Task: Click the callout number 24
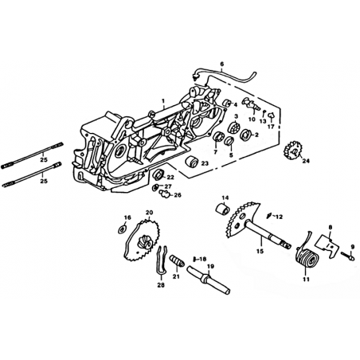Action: (x=306, y=161)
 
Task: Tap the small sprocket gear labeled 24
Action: (x=293, y=150)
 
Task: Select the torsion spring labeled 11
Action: (x=306, y=259)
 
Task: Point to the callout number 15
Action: (x=260, y=250)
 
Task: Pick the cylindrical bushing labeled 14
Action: (x=222, y=209)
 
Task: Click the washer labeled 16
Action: (x=122, y=229)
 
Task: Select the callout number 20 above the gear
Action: (x=149, y=213)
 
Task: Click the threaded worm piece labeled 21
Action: (x=177, y=260)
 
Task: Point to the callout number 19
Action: (x=210, y=266)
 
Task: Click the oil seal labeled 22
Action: (x=159, y=174)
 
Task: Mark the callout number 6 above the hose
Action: (x=222, y=64)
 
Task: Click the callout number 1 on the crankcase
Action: (x=163, y=101)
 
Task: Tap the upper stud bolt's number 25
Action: (x=44, y=160)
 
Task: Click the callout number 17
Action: (x=271, y=127)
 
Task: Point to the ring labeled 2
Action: (x=245, y=135)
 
